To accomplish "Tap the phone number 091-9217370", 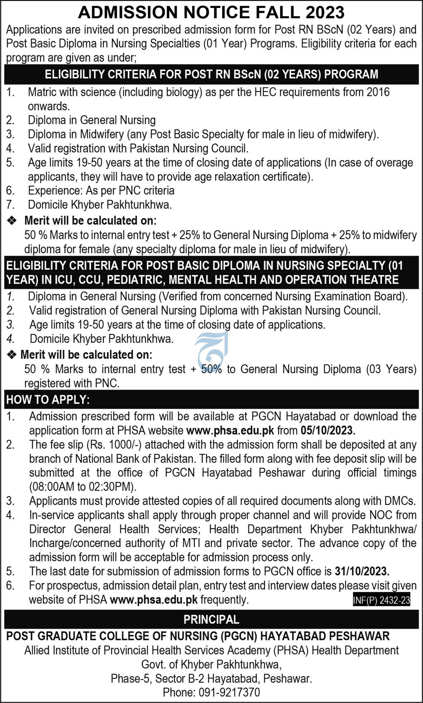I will click(x=229, y=692).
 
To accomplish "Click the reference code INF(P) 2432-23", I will click(x=381, y=600).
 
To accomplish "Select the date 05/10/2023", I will click(x=328, y=430).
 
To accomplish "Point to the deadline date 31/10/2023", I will click(x=362, y=571).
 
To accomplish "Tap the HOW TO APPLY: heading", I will click(x=48, y=400).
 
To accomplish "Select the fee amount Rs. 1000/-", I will click(x=116, y=445).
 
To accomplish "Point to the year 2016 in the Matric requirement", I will click(x=378, y=92).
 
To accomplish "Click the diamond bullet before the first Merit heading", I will click(x=12, y=220).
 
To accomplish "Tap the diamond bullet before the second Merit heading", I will click(x=12, y=355).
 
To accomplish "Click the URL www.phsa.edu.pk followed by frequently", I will click(x=153, y=600).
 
